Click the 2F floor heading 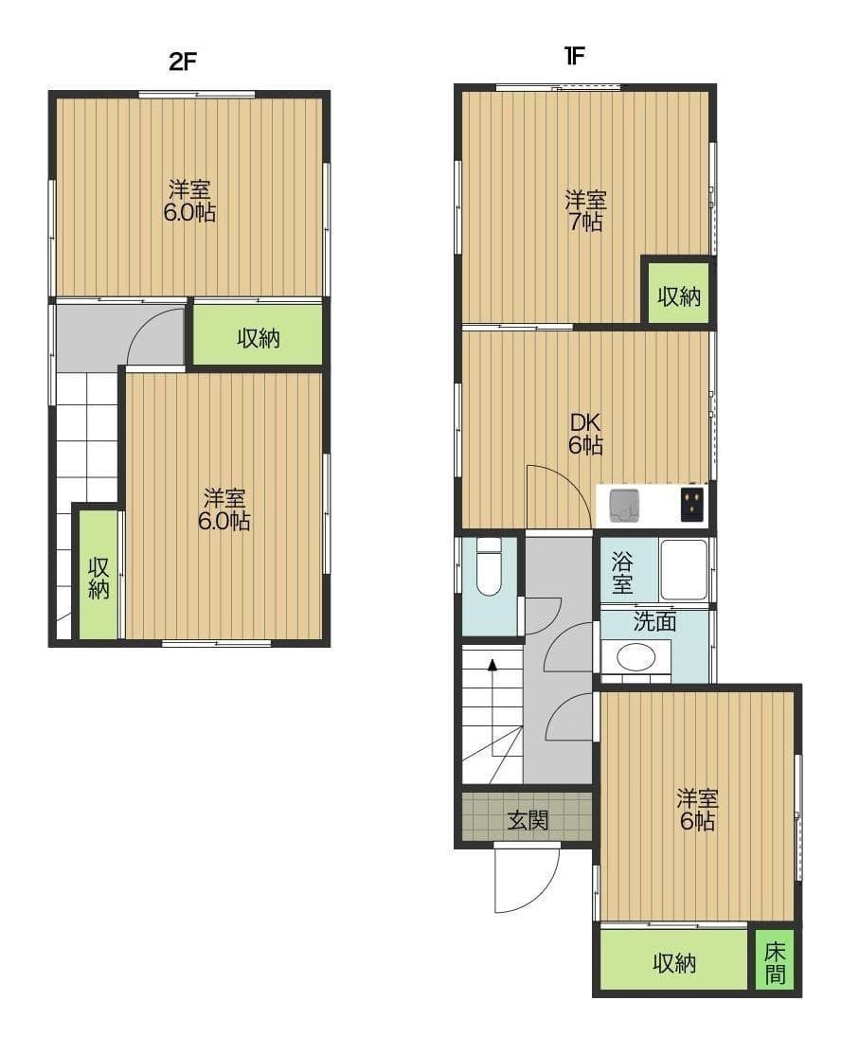(x=182, y=62)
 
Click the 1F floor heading (x=574, y=55)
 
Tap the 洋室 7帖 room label (x=585, y=211)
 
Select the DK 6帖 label (x=585, y=434)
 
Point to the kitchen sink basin (x=624, y=505)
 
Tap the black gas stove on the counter (x=693, y=502)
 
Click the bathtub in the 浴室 (x=683, y=569)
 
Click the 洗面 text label (x=654, y=622)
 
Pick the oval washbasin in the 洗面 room (x=635, y=656)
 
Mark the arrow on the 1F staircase (x=492, y=665)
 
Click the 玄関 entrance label (x=528, y=820)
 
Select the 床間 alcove (x=775, y=962)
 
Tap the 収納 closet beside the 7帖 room (x=678, y=295)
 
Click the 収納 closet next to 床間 (x=674, y=963)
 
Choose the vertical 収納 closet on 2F (x=98, y=578)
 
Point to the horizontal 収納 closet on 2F (x=258, y=337)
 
